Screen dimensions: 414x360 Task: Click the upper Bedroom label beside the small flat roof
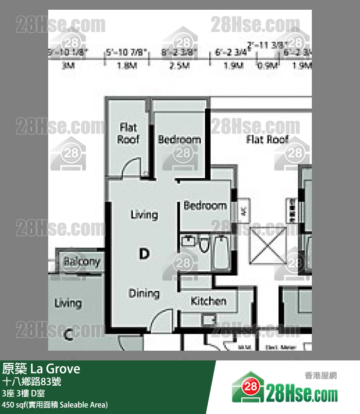coord(179,140)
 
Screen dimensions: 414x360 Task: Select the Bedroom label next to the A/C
coord(205,206)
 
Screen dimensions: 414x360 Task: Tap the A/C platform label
coord(244,212)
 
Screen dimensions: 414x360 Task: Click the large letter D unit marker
coord(144,253)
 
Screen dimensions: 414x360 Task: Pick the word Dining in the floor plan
coord(144,293)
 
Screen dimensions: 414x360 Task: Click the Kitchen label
coord(208,301)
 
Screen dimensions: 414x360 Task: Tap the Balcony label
coord(82,262)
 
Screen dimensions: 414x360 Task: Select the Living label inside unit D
coord(144,214)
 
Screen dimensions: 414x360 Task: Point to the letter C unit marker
coord(69,334)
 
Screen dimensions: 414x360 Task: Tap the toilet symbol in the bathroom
coord(203,245)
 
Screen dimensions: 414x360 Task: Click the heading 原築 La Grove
coord(41,369)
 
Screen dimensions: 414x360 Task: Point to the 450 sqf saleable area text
coord(55,405)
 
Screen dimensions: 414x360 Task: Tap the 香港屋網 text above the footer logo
coord(321,376)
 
